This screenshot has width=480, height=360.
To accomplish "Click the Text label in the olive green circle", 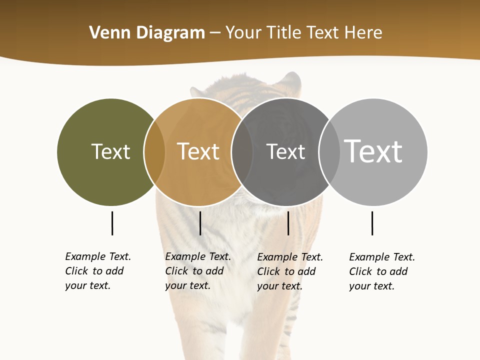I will (x=111, y=151).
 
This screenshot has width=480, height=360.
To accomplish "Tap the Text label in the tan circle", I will (x=198, y=151).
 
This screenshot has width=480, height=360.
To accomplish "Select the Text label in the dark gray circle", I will (x=285, y=151).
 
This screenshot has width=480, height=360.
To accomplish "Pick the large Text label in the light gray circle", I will (x=373, y=151).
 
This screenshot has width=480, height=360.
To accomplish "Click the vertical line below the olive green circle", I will (x=112, y=223).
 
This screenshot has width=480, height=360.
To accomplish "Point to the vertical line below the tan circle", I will (x=200, y=223).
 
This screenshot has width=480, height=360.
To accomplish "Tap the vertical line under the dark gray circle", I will (x=288, y=223).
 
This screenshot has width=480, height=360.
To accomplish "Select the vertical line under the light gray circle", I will (x=372, y=223).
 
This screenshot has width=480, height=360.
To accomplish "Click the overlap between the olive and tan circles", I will (x=154, y=152).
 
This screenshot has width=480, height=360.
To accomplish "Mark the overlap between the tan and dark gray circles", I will (x=242, y=152).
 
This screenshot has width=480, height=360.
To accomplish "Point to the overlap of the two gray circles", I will (x=329, y=152).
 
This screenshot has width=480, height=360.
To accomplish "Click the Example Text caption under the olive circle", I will (x=98, y=271).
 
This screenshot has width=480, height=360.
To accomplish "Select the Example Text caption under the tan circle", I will (x=198, y=271).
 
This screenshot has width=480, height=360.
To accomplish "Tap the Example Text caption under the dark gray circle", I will (x=290, y=271).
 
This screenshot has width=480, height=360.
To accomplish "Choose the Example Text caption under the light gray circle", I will (x=382, y=271).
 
